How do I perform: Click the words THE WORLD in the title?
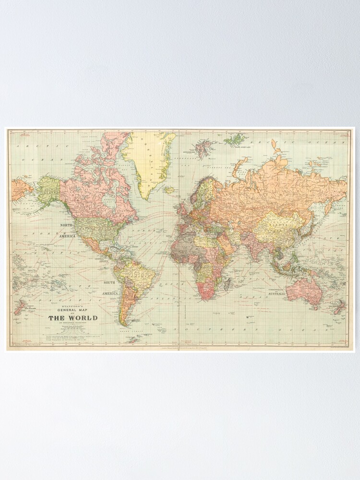coord(72,318)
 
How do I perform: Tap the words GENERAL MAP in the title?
coord(72,310)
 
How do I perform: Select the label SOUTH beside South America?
coord(109,283)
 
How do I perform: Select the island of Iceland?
coord(168,190)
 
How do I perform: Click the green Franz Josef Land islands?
coord(235,140)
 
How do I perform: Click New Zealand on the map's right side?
coord(339,306)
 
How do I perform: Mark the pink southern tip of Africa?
coord(207,293)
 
